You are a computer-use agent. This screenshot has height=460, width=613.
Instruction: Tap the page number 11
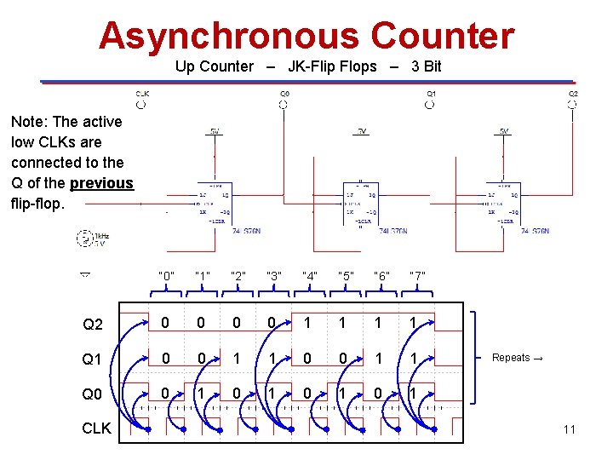coord(569,429)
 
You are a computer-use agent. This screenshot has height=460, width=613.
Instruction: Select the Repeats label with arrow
coord(518,358)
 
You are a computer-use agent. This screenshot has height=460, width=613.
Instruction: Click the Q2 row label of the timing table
coord(93,325)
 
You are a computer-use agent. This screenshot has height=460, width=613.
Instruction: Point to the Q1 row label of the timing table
coord(92,359)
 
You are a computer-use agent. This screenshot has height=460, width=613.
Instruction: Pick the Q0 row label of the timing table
coord(92,394)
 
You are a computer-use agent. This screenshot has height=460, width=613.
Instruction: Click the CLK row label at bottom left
coord(96,428)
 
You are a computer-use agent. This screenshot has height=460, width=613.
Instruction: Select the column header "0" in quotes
coord(167,276)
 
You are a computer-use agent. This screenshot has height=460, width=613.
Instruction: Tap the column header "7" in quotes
coord(417,276)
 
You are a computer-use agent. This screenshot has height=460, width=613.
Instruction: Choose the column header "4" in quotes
coord(310,276)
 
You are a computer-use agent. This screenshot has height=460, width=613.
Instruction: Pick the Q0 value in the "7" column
coord(413,394)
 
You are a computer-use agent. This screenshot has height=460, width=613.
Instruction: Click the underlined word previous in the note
coord(102,183)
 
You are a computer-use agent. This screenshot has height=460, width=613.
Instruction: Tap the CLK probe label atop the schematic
coord(142,94)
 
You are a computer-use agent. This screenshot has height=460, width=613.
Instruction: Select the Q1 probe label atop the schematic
coord(431,94)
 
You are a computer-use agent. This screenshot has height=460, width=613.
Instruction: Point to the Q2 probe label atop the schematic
coord(573,94)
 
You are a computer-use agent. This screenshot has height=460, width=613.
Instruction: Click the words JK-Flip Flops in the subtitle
coord(332,66)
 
